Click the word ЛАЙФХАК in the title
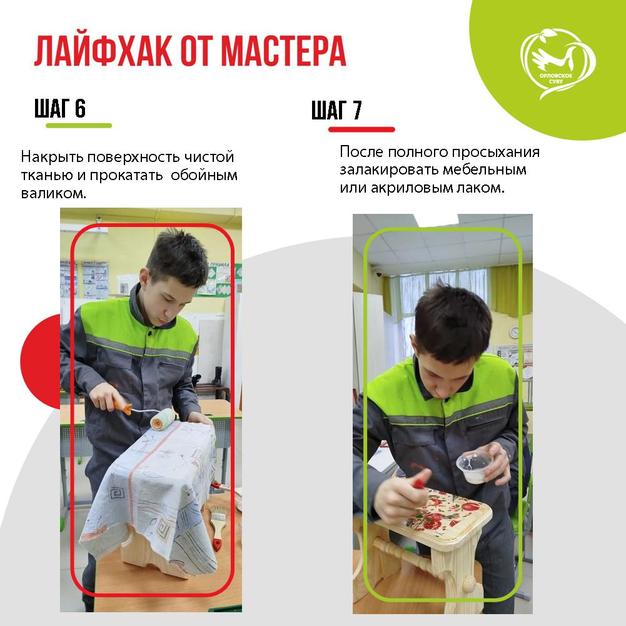pyautogui.click(x=103, y=51)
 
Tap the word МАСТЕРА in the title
pyautogui.click(x=283, y=51)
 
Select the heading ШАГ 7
pyautogui.click(x=336, y=110)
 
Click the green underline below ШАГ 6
pyautogui.click(x=79, y=126)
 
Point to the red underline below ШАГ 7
pyautogui.click(x=361, y=129)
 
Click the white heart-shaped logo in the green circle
pyautogui.click(x=558, y=64)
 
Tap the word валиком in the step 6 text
pyautogui.click(x=54, y=194)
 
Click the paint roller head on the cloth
pyautogui.click(x=163, y=419)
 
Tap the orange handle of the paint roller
pyautogui.click(x=121, y=406)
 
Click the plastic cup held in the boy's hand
pyautogui.click(x=475, y=467)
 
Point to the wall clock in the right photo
pyautogui.click(x=514, y=332)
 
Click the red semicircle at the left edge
pyautogui.click(x=40, y=361)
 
